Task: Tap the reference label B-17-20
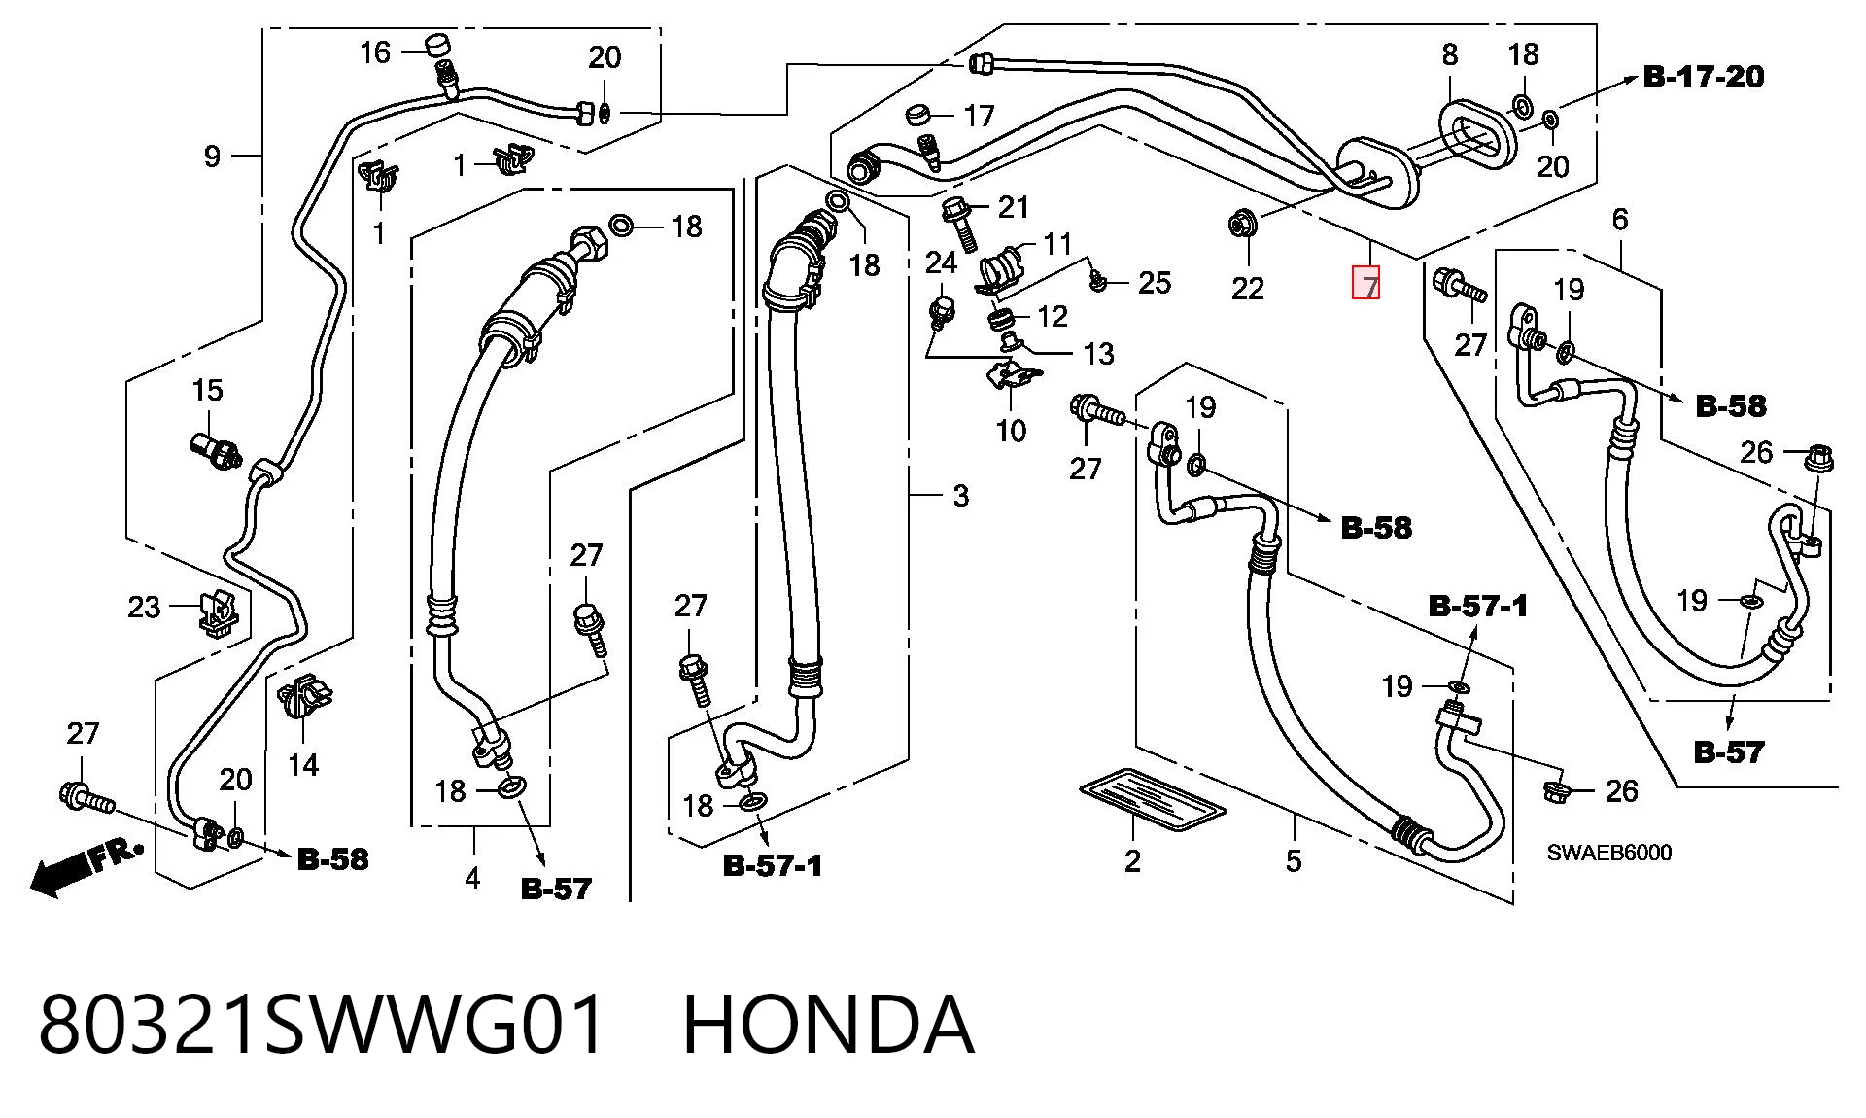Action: click(1704, 77)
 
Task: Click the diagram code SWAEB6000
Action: click(1609, 853)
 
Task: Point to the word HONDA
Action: click(828, 1025)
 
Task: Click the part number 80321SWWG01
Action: click(323, 1025)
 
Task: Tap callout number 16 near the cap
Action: click(375, 52)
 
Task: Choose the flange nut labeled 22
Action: click(1240, 226)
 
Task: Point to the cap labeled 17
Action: click(920, 115)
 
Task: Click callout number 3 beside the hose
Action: click(960, 496)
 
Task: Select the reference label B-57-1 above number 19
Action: click(1477, 607)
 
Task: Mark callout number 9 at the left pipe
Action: click(212, 156)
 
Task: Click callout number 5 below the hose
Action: click(1294, 860)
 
